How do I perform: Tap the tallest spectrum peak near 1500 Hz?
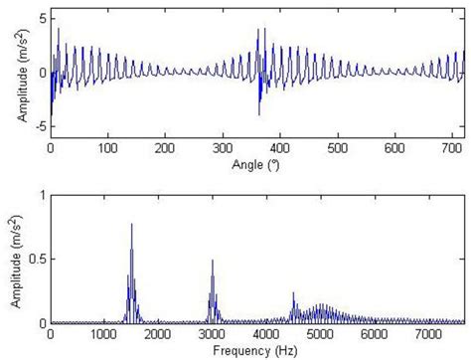coord(132,225)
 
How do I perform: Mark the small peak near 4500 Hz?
coord(293,293)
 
